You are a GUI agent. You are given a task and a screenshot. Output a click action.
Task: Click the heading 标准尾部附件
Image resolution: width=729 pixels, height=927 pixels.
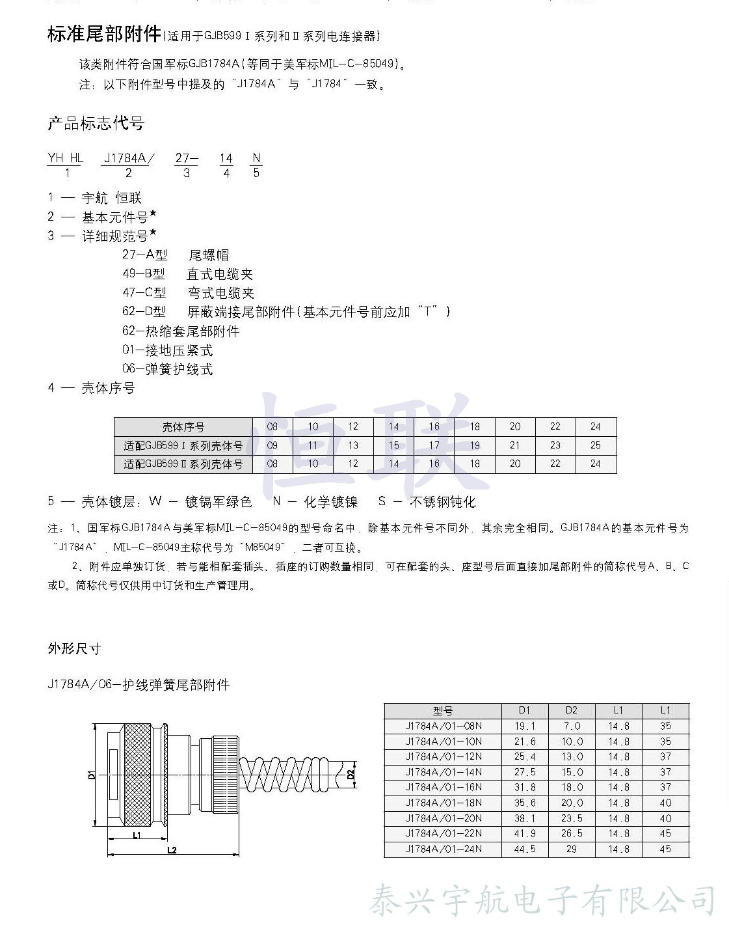pos(104,34)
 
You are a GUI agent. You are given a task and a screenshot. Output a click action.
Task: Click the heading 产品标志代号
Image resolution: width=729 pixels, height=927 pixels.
pos(96,123)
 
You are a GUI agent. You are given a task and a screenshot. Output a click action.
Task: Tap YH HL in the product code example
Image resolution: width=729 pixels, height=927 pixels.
pos(65,158)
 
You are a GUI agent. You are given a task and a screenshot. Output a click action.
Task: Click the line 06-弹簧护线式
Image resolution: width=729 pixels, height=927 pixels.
pos(167,369)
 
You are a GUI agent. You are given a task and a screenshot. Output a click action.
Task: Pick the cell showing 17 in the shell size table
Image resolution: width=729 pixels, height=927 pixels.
pos(434,445)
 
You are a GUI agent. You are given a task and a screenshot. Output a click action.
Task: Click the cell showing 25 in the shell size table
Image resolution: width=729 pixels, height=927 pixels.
pos(595,445)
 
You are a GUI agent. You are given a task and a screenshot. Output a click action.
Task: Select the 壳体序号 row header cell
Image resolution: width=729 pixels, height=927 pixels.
pos(183,427)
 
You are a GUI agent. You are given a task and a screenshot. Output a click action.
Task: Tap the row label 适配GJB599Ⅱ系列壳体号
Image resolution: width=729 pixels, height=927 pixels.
pos(183,464)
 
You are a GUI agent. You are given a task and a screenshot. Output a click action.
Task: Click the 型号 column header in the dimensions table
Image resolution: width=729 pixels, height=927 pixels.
pos(443,710)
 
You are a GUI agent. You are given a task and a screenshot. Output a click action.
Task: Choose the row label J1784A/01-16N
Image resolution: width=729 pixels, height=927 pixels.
pos(443,788)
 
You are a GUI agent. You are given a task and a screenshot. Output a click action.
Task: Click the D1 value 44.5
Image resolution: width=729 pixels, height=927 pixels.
pos(525,849)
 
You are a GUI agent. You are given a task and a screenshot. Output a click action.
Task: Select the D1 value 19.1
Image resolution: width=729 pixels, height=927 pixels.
pos(525,726)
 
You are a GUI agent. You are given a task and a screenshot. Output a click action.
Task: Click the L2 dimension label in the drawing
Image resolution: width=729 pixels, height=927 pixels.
pos(172,850)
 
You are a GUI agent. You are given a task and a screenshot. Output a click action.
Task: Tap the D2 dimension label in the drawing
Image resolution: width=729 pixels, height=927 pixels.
pos(351,774)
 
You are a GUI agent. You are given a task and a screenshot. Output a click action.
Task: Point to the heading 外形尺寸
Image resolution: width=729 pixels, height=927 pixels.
pos(74,648)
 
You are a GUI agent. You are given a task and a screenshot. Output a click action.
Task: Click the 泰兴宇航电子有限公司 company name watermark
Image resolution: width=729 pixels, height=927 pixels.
pos(542,901)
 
